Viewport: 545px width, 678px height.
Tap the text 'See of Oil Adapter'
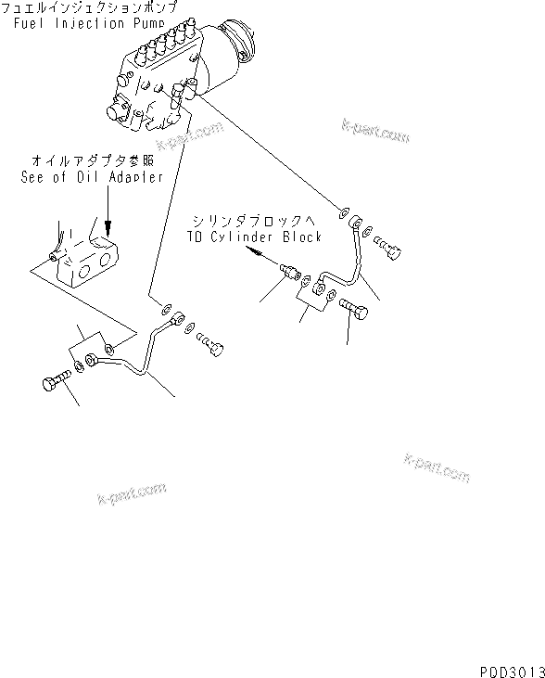[91, 176]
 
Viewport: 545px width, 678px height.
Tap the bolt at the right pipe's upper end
[392, 247]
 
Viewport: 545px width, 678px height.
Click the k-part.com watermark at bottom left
[131, 493]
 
